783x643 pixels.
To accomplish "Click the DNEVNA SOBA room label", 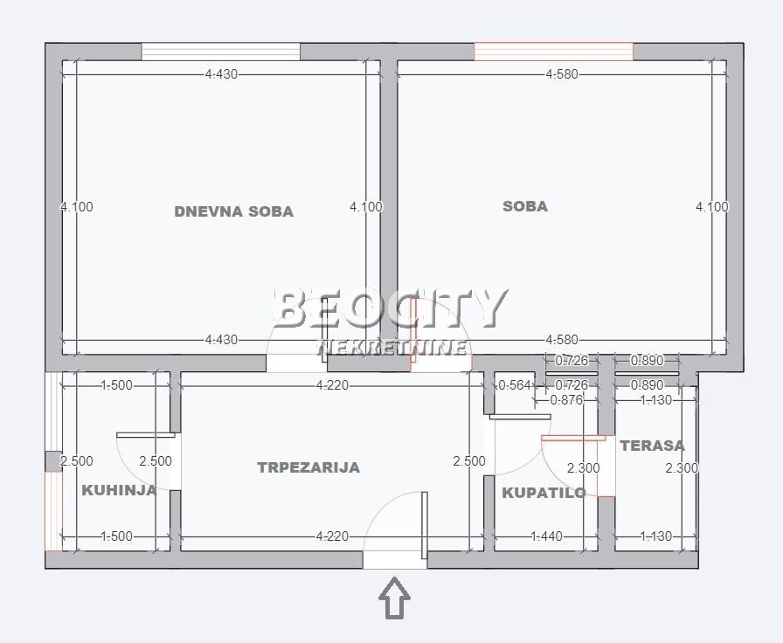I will click(x=233, y=211).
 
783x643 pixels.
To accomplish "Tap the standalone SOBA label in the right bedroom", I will click(x=525, y=206).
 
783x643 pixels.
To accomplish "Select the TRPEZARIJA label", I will click(x=308, y=467).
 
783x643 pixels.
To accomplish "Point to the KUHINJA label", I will click(x=119, y=490).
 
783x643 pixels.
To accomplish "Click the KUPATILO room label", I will click(x=544, y=493).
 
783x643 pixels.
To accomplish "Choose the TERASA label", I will click(x=652, y=446).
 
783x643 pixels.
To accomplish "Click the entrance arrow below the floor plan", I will click(x=394, y=598).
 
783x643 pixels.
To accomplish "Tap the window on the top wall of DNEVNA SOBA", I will click(x=220, y=52).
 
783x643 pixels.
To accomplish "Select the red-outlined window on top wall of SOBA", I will click(x=553, y=52).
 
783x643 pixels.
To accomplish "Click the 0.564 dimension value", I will click(x=515, y=385).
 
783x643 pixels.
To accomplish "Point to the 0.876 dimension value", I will click(x=566, y=401).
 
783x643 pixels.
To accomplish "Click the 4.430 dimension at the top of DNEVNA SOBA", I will click(x=221, y=74).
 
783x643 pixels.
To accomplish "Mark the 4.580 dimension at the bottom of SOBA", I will click(x=561, y=340).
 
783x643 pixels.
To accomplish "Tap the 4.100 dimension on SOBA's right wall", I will click(x=711, y=207).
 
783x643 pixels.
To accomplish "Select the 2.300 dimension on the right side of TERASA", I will click(x=682, y=468).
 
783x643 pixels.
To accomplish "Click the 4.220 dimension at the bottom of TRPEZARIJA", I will click(x=332, y=536).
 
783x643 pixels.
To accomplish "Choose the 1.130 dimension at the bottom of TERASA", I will click(x=655, y=536).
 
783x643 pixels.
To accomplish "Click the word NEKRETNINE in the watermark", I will click(x=391, y=348).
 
